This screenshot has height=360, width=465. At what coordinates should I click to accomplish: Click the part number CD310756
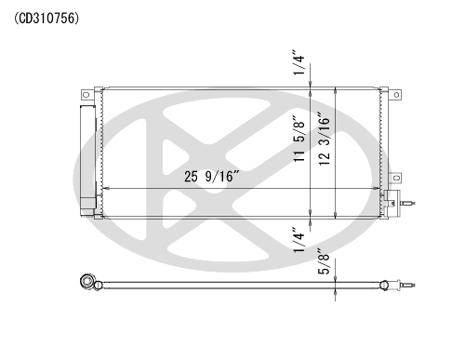[46, 19]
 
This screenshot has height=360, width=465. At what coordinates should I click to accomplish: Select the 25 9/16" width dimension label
[212, 177]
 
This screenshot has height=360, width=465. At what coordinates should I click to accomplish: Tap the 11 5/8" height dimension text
[299, 139]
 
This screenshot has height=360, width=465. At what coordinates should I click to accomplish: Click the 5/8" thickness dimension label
[325, 261]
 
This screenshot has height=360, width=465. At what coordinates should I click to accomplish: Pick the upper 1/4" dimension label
[299, 61]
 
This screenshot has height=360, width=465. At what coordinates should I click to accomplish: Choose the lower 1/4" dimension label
[299, 240]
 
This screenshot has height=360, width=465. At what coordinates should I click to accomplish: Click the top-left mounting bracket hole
[86, 95]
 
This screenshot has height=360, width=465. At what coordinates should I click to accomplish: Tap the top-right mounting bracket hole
[396, 95]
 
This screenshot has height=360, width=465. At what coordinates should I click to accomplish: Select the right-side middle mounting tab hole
[396, 178]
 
